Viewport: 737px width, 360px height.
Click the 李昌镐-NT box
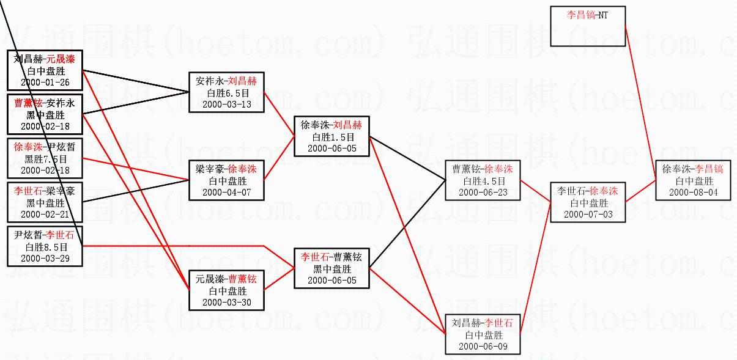[x=587, y=26]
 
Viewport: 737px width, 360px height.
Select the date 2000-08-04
[x=693, y=192]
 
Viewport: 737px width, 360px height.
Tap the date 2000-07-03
[x=588, y=214]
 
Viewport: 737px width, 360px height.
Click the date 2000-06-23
[x=483, y=192]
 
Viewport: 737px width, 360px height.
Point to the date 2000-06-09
[x=483, y=346]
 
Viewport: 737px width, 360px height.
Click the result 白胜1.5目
[x=332, y=137]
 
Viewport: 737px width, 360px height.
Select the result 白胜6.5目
[x=227, y=93]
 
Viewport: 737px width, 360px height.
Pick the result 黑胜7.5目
[x=45, y=159]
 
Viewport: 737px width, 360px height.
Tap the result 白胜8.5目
[x=45, y=247]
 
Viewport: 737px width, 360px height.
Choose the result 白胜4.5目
[x=483, y=181]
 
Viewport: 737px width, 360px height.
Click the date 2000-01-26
[x=45, y=82]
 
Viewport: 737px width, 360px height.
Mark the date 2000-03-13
[x=227, y=104]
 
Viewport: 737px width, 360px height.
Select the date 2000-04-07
[x=227, y=192]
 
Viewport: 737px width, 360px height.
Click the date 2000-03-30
[x=227, y=302]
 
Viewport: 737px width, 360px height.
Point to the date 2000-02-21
[x=45, y=214]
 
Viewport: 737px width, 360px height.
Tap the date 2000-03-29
[x=45, y=258]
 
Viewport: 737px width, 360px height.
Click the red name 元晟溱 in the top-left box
[x=64, y=59]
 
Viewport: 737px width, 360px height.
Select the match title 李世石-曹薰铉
[x=332, y=257]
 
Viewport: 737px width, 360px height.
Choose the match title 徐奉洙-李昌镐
[x=693, y=169]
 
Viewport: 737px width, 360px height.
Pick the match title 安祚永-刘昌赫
[x=227, y=81]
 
